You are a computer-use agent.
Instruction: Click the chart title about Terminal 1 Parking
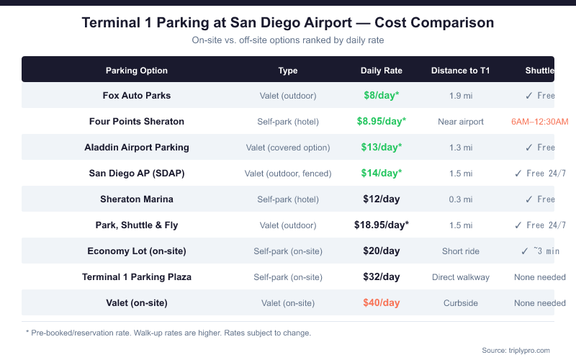coord(288,22)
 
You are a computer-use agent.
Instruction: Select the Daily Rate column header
coord(382,71)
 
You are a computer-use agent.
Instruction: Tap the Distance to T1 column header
coord(461,71)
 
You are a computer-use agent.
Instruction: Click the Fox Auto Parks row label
coord(137,95)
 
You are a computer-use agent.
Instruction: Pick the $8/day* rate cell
coord(382,95)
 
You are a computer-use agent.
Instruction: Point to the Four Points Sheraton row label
coord(137,121)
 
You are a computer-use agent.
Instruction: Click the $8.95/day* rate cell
coord(382,121)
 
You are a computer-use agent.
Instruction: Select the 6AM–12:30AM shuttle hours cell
coord(539,121)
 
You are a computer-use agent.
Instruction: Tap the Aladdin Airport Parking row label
coord(137,147)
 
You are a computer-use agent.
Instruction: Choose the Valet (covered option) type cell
coord(288,148)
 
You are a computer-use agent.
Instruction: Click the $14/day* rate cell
coord(382,173)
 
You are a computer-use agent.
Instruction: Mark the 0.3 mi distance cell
coord(461,199)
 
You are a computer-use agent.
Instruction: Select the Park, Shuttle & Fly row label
coord(137,225)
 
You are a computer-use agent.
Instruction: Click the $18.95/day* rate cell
coord(382,225)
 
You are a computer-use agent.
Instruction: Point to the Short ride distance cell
coord(461,251)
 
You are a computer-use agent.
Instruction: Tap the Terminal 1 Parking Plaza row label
coord(137,276)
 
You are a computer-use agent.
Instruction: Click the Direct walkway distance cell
coord(461,277)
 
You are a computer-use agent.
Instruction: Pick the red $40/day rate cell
coord(382,302)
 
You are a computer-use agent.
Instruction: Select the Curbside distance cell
coord(461,303)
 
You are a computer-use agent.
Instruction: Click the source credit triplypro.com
coord(516,350)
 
